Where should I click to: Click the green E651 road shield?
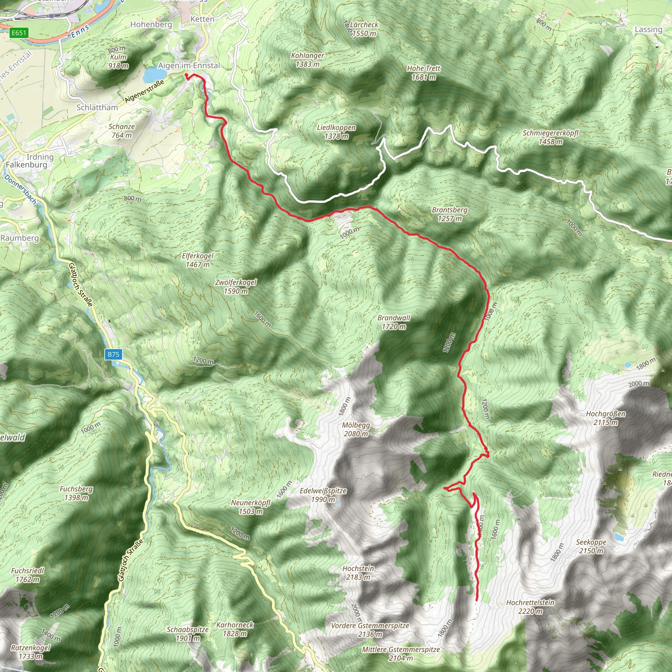[x=19, y=33]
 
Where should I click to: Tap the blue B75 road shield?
[x=113, y=354]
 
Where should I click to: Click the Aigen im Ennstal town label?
[x=189, y=65]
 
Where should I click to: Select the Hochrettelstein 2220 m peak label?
[x=530, y=607]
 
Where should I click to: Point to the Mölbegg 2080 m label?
[x=356, y=430]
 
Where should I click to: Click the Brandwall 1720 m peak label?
[x=394, y=322]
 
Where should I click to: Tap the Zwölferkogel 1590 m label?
[x=236, y=286]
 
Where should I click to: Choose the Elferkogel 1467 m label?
[x=198, y=260]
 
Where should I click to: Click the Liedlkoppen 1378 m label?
[x=336, y=132]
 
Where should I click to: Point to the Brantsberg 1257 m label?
[x=450, y=214]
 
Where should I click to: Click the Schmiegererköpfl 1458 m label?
[x=550, y=137]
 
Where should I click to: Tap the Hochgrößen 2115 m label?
[x=606, y=418]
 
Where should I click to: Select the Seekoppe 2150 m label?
[x=591, y=546]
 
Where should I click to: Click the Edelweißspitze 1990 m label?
[x=323, y=495]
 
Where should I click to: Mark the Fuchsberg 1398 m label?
[x=76, y=493]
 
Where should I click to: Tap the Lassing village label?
[x=648, y=30]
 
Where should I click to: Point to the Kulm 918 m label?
[x=118, y=61]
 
